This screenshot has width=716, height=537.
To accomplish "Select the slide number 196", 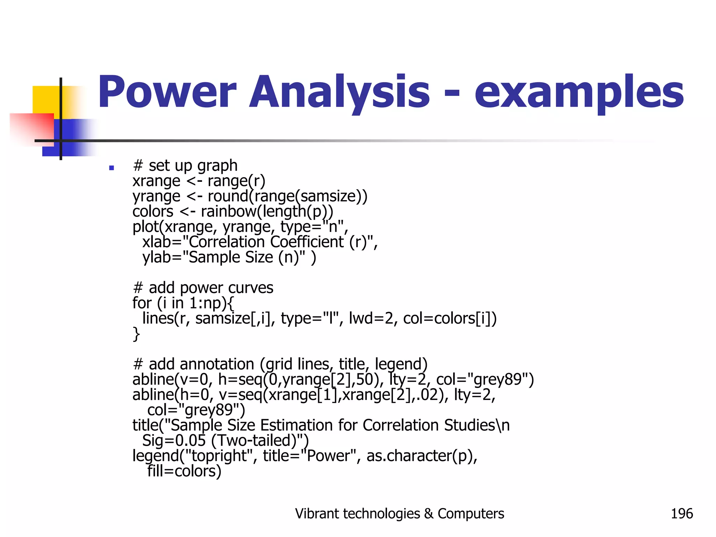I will [x=681, y=514].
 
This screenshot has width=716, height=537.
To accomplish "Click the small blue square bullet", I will [x=112, y=168].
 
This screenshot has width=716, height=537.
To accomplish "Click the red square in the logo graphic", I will [x=31, y=128].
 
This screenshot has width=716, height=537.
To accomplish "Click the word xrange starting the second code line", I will [x=156, y=181].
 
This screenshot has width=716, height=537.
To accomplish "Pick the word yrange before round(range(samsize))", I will [x=156, y=196].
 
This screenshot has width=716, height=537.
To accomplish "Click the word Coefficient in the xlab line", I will [x=307, y=242].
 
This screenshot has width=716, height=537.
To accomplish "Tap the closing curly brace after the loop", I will [x=136, y=334].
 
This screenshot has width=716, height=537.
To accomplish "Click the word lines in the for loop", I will [x=158, y=318].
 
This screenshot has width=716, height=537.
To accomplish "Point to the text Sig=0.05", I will [x=174, y=441].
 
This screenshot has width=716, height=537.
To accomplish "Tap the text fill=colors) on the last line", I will [x=184, y=471].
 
